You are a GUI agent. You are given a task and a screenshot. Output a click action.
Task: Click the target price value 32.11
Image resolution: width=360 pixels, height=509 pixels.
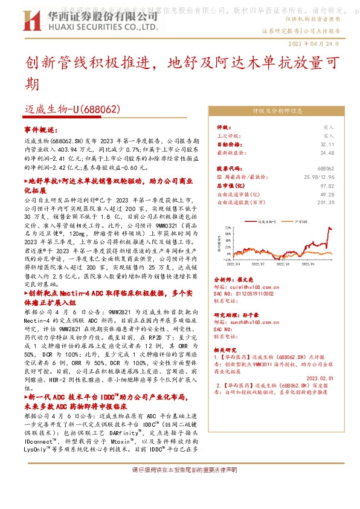point(327,144)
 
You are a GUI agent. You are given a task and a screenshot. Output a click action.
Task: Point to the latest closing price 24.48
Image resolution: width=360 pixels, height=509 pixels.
point(327,153)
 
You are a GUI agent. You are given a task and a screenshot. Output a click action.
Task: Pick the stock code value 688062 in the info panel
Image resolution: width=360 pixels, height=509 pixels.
point(326,169)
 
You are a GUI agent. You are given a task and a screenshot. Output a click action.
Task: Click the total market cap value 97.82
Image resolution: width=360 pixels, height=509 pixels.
point(327,186)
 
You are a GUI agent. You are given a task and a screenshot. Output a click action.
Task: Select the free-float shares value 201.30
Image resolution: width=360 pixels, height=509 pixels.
point(326,203)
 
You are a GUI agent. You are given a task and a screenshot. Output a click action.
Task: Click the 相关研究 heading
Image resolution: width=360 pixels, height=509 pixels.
point(227,350)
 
